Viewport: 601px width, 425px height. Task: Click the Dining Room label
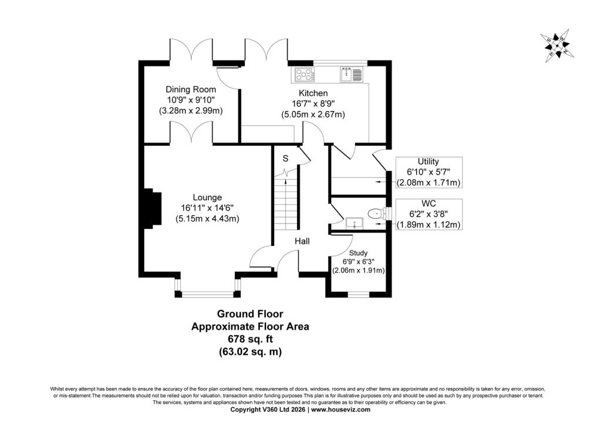click(191, 89)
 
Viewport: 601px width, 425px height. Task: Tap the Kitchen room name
click(313, 93)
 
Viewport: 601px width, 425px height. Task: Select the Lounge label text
click(207, 197)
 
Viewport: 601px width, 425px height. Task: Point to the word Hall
click(302, 241)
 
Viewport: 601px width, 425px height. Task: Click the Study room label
click(359, 253)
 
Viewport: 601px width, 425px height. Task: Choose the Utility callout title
click(428, 161)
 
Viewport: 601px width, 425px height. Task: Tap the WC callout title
click(428, 204)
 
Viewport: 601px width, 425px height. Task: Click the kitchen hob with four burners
click(305, 75)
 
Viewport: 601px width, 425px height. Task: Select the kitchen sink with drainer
click(351, 75)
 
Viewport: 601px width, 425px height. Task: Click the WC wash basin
click(354, 222)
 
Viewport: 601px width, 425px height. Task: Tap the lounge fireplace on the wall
click(153, 209)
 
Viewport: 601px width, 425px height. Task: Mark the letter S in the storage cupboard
click(285, 158)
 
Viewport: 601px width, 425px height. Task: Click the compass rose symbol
click(557, 46)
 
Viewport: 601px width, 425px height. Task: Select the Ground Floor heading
click(250, 314)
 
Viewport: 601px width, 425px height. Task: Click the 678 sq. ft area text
click(250, 339)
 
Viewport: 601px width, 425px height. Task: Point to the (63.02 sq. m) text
click(250, 352)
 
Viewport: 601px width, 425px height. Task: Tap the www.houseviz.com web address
click(341, 410)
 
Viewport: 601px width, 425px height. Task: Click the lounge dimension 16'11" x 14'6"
click(207, 208)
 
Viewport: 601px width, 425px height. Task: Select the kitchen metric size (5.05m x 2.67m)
click(313, 114)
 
